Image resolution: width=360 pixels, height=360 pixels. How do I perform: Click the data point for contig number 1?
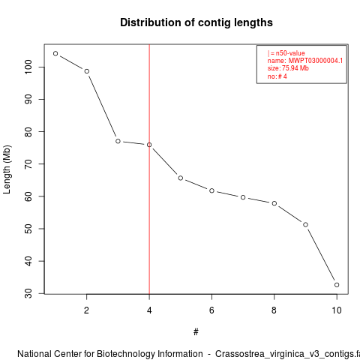click(x=55, y=53)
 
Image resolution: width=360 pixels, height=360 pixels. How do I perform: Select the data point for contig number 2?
click(x=87, y=71)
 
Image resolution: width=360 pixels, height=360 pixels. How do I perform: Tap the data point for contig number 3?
click(x=118, y=141)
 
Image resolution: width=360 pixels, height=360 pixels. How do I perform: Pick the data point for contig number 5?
click(x=181, y=178)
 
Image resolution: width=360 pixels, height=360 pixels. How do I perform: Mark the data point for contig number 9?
click(x=305, y=225)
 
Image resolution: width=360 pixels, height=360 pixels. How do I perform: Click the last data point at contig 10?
click(x=337, y=285)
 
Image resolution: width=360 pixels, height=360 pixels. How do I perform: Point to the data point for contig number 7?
click(x=243, y=197)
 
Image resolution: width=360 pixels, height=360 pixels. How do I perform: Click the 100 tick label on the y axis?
click(x=28, y=67)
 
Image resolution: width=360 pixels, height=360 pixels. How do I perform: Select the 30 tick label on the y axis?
click(x=28, y=293)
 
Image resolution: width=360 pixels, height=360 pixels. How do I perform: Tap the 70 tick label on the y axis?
click(x=28, y=164)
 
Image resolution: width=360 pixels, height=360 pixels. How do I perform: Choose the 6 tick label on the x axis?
click(x=211, y=310)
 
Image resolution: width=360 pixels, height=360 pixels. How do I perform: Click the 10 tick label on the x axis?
click(x=337, y=310)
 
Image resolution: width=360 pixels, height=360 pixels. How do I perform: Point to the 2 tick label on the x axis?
click(x=86, y=310)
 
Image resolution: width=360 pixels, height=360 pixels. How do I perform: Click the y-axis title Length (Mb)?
click(x=7, y=169)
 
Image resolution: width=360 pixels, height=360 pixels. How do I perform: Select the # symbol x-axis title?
click(x=196, y=332)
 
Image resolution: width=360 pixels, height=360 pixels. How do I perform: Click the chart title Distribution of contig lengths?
click(x=196, y=22)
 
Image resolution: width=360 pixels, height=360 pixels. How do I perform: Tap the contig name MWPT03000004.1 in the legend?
click(x=316, y=61)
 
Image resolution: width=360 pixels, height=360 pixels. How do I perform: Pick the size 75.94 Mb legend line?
click(x=288, y=68)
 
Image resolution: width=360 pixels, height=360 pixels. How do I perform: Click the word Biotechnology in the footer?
click(x=150, y=354)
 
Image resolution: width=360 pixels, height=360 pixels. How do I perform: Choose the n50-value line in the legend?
click(x=286, y=53)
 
